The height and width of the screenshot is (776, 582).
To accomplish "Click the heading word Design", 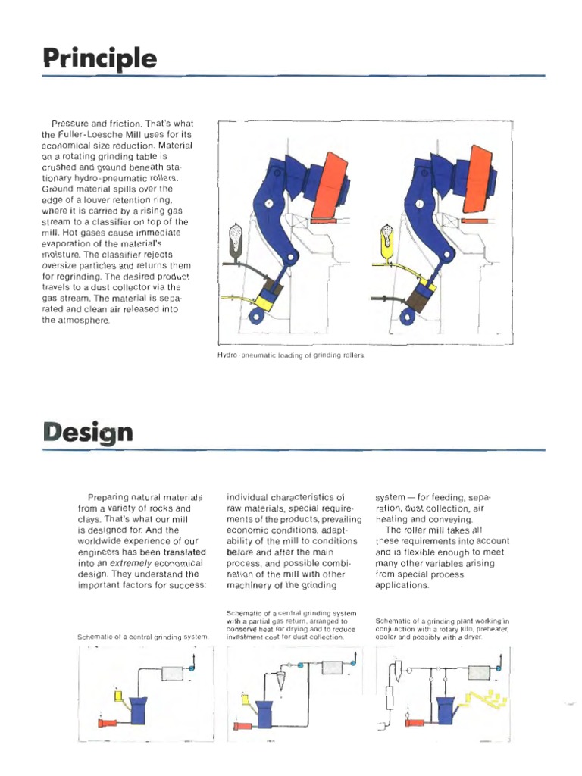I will coord(88,433).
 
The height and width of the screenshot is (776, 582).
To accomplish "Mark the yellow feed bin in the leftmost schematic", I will coord(118,696).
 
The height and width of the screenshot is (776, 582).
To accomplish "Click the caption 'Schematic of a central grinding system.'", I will coord(142,637).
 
